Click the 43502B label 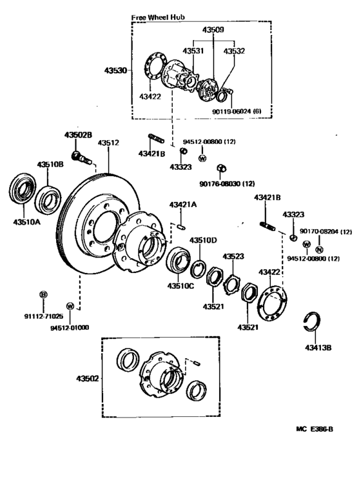[x=77, y=135]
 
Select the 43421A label [x=182, y=205]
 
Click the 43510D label [x=203, y=241]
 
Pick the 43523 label [x=233, y=256]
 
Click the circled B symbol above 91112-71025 [x=43, y=295]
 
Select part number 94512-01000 [x=70, y=327]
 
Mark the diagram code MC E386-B [x=317, y=429]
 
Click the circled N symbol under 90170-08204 [x=320, y=249]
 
